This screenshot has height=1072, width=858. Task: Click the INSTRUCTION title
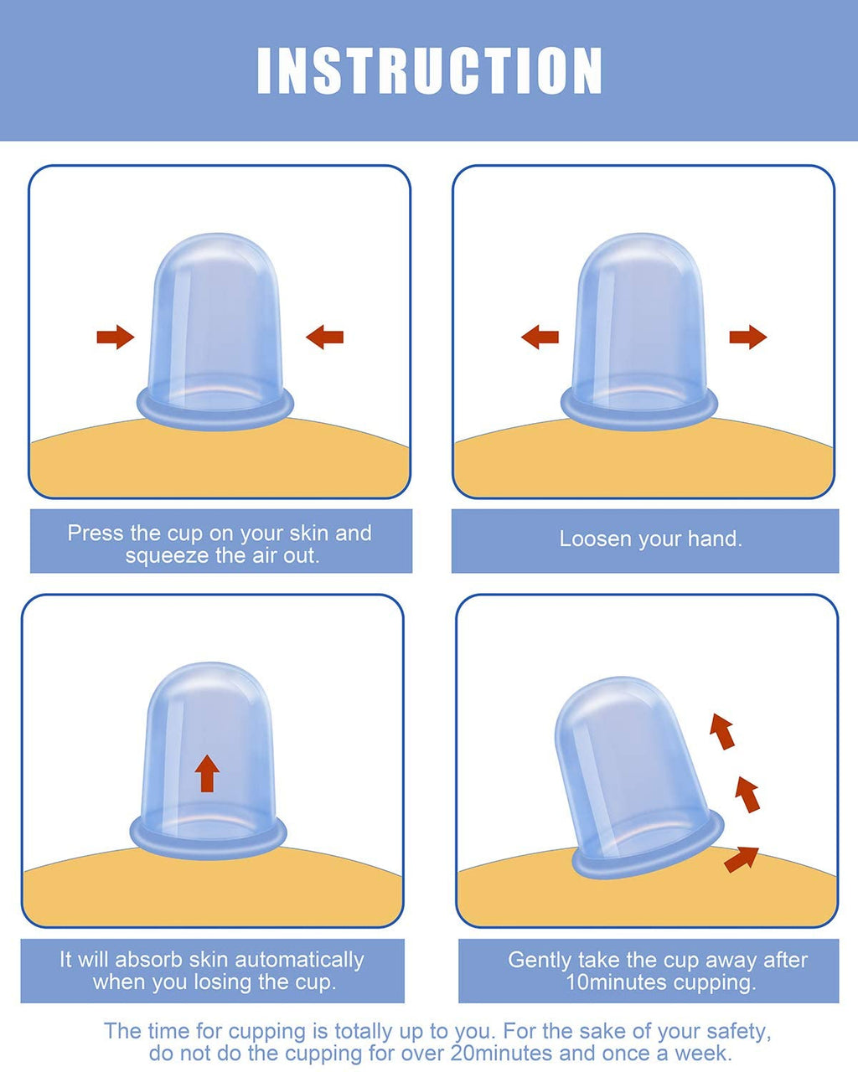(429, 70)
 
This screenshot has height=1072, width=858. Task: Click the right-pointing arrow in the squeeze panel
(115, 337)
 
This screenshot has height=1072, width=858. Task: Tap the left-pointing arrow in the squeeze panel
(324, 337)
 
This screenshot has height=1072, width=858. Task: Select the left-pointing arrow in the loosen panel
(540, 337)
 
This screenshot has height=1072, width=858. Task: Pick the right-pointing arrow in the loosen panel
(748, 337)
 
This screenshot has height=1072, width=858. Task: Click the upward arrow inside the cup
(207, 774)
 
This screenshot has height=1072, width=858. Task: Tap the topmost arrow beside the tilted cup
(722, 731)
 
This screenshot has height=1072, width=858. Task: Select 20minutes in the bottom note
(502, 1054)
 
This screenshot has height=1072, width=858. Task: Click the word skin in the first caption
(309, 533)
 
